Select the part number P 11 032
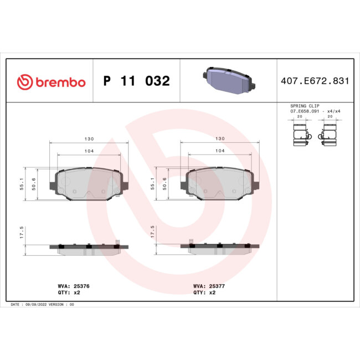pos(136,81)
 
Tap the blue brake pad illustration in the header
pos(229,81)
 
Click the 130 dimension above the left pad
pos(88,139)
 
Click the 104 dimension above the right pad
pos(219,151)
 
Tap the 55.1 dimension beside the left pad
pos(22,184)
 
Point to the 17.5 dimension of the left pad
pos(22,232)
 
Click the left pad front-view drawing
pos(89,183)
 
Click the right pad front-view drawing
pos(220,183)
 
